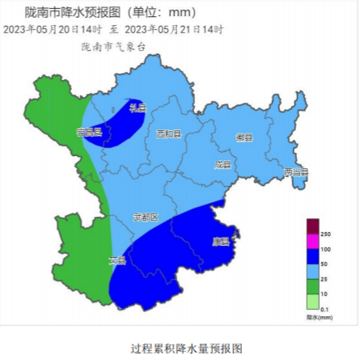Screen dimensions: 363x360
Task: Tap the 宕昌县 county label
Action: click(x=89, y=132)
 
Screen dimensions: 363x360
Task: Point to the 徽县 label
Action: click(x=244, y=137)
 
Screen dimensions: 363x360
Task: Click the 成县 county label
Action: click(x=222, y=164)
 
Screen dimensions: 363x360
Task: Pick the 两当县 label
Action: click(x=296, y=171)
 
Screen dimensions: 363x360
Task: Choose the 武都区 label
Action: click(x=146, y=217)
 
